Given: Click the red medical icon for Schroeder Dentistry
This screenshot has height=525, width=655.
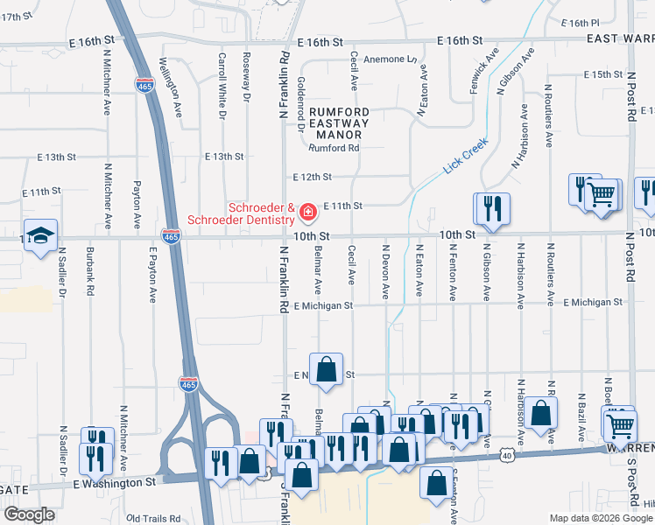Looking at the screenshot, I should [307, 212].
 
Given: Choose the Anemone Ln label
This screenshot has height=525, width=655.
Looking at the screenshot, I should [391, 59].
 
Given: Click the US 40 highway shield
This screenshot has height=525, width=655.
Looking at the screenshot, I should [508, 455].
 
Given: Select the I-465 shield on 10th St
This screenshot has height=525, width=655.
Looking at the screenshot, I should [171, 235].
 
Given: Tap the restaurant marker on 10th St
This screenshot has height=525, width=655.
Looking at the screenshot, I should [491, 208].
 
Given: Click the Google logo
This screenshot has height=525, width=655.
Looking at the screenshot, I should [29, 514].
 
